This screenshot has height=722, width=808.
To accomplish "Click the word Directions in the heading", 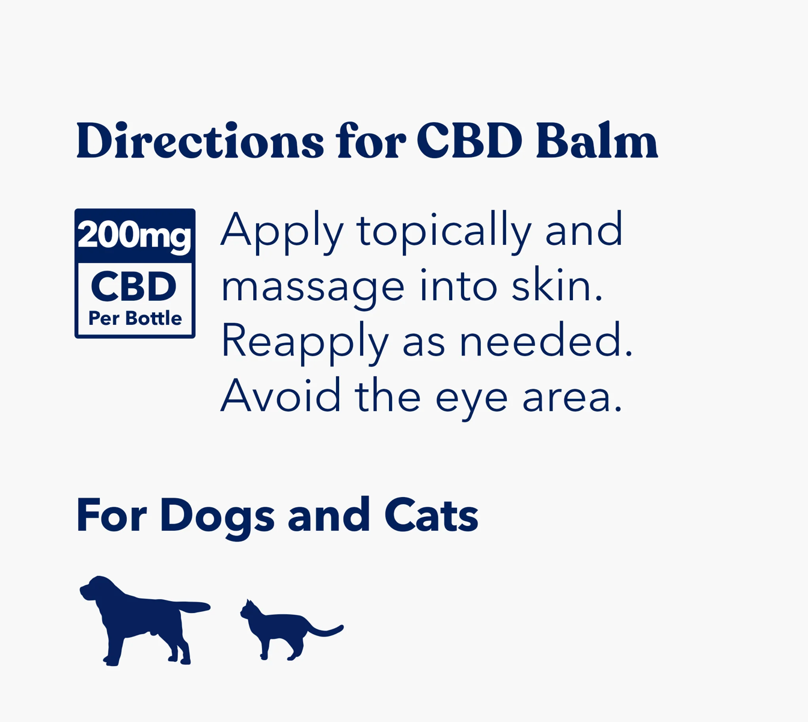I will pyautogui.click(x=200, y=141).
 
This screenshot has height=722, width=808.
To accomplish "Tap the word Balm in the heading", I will pyautogui.click(x=596, y=141).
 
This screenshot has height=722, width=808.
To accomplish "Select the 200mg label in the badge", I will pyautogui.click(x=135, y=235).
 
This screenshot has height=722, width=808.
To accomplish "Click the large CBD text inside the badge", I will pyautogui.click(x=134, y=287).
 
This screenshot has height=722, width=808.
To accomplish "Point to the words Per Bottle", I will pyautogui.click(x=135, y=318).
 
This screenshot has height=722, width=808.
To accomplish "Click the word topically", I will pyautogui.click(x=444, y=232).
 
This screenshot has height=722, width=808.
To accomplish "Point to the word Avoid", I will pyautogui.click(x=281, y=396).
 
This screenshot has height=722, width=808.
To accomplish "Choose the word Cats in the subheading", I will pyautogui.click(x=431, y=516).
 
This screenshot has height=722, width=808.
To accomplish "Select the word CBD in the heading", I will pyautogui.click(x=469, y=141).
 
